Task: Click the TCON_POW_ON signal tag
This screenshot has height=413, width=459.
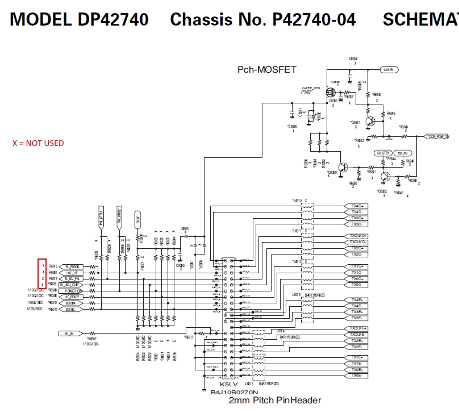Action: pyautogui.click(x=438, y=136)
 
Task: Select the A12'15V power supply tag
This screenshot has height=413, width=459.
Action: pyautogui.click(x=389, y=70)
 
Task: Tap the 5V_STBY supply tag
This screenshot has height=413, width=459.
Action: pyautogui.click(x=384, y=153)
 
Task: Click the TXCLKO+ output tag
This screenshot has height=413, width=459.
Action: pyautogui.click(x=357, y=236)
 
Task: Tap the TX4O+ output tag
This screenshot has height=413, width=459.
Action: pyautogui.click(x=357, y=206)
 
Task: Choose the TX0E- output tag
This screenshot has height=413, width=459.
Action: pyautogui.click(x=357, y=376)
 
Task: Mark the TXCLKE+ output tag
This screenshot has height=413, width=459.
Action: pyautogui.click(x=357, y=328)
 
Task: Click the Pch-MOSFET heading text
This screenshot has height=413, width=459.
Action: pyautogui.click(x=267, y=69)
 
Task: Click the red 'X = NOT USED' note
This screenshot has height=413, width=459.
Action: pyautogui.click(x=39, y=143)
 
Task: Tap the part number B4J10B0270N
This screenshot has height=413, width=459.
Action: pyautogui.click(x=235, y=392)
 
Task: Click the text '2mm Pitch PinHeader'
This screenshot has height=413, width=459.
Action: pyautogui.click(x=275, y=401)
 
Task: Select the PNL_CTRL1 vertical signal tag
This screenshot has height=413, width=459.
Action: pyautogui.click(x=101, y=218)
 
